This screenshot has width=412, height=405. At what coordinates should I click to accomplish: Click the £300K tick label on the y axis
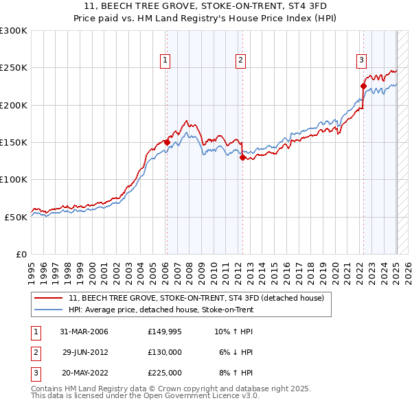coord(14,31)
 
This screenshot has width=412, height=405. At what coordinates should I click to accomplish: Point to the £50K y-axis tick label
coord(16,217)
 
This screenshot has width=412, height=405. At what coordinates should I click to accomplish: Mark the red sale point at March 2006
coord(167,142)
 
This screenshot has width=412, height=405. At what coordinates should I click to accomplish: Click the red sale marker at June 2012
coord(242,157)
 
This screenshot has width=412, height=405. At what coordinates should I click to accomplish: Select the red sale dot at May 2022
coord(363,86)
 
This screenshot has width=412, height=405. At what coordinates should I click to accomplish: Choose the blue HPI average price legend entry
coord(161,310)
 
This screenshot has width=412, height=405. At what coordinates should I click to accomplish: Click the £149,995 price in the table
coord(165,332)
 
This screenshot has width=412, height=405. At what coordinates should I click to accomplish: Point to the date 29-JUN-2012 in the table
coord(85,352)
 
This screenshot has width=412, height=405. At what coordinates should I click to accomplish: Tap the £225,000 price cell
coord(165,373)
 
